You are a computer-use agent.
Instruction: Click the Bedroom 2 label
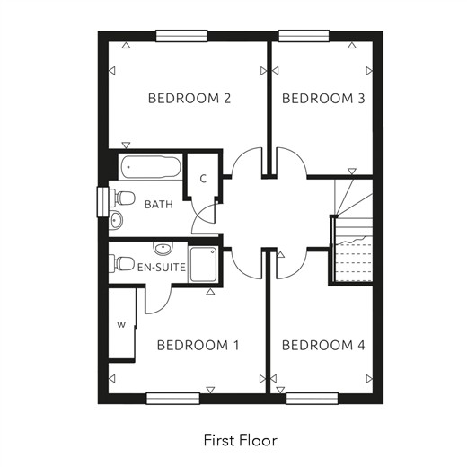click(x=189, y=99)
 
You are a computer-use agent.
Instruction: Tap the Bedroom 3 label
click(x=323, y=99)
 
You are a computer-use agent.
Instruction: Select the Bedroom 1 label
click(x=198, y=345)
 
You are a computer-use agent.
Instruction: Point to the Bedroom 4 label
click(x=323, y=345)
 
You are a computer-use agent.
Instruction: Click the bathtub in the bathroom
click(x=151, y=166)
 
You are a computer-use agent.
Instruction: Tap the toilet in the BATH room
click(x=121, y=198)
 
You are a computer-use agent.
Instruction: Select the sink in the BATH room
click(x=116, y=220)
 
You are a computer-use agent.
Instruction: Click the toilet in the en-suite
click(x=121, y=263)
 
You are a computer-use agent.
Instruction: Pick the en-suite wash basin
click(x=163, y=248)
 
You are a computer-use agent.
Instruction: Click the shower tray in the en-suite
click(x=203, y=264)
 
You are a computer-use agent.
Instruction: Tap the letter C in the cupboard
click(x=203, y=179)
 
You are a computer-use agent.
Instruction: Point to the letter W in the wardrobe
click(x=121, y=324)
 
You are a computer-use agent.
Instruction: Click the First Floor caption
click(x=241, y=440)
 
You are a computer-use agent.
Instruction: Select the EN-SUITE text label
click(x=162, y=267)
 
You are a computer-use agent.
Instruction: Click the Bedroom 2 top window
click(x=181, y=36)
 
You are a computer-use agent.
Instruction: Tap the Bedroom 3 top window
click(x=304, y=36)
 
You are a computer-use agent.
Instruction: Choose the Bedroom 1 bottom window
click(x=173, y=399)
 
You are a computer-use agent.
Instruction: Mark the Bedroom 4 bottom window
click(x=312, y=399)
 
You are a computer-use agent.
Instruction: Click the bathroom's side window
click(x=102, y=202)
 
